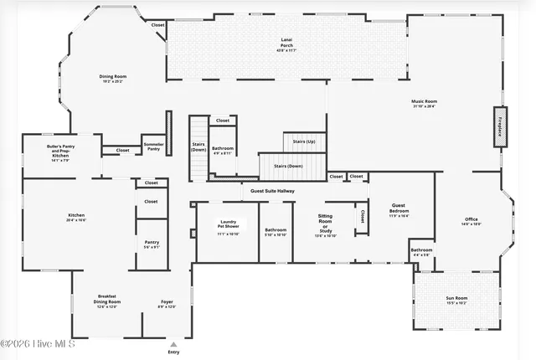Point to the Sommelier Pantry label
point(153,147)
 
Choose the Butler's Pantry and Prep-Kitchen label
point(60,151)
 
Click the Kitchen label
point(76,217)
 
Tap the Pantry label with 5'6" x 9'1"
point(152,244)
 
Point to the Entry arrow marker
point(173,344)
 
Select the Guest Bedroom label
point(399,209)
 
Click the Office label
point(471,222)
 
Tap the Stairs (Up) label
point(304,141)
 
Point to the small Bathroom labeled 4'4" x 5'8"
point(421,251)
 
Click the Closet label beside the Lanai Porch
point(157,25)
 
